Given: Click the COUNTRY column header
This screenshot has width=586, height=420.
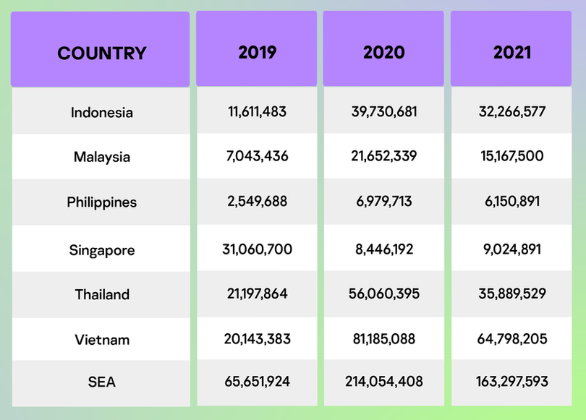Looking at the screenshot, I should (x=101, y=53).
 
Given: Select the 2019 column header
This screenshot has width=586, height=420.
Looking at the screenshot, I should (x=257, y=52).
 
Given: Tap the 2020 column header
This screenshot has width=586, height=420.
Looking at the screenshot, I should (x=383, y=52).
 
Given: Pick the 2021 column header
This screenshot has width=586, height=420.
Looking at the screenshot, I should (x=512, y=52).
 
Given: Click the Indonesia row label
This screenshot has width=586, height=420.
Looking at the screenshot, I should (x=102, y=113).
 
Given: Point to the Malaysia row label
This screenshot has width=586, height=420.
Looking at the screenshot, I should (x=102, y=157).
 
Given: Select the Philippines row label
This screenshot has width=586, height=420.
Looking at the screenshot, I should (x=102, y=202).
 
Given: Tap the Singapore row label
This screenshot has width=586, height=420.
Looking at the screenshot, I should (x=102, y=250).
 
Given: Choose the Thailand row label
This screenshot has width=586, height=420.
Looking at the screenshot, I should (x=102, y=294).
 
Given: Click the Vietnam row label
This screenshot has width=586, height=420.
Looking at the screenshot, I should (x=102, y=339).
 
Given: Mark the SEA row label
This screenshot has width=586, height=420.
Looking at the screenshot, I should (x=102, y=382).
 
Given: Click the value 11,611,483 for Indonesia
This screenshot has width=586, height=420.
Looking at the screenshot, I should (x=257, y=112).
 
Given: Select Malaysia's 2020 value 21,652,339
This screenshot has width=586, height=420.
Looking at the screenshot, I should (x=383, y=156).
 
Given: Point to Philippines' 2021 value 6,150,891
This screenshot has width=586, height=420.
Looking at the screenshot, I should (x=512, y=202).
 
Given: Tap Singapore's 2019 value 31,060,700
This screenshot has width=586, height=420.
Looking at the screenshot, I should (x=257, y=249).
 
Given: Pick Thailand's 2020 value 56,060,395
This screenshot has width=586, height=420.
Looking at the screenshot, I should (x=383, y=293).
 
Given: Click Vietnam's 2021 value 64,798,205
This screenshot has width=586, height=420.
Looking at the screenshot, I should (x=512, y=338).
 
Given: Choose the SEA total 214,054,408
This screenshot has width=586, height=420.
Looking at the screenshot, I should (x=383, y=381).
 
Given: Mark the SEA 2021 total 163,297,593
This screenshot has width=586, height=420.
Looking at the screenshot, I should (x=512, y=381).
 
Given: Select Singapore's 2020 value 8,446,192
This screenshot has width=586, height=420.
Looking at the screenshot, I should (x=383, y=249).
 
